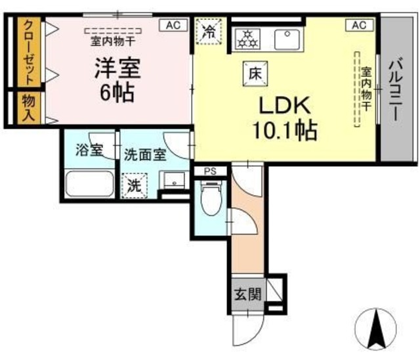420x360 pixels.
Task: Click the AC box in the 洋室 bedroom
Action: pos(173,25)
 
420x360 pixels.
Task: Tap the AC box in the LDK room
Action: pos(359,25)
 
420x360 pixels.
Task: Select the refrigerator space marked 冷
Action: pos(209,31)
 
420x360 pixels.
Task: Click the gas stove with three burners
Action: pos(247,39)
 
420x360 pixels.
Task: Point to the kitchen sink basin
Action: pos(287,39)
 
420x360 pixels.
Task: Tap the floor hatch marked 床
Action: pos(255,74)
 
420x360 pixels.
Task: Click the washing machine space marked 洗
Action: pos(134,185)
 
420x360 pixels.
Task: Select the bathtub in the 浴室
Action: pos(90,184)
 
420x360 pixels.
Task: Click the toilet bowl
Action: pos(211,198)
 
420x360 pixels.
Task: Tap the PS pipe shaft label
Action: pos(210,171)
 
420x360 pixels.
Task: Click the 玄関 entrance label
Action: pos(248,294)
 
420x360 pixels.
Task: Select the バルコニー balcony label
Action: pos(396,89)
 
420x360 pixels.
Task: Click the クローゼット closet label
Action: pos(29,52)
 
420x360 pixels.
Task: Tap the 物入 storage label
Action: pos(29,108)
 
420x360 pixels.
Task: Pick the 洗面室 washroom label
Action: pos(145,154)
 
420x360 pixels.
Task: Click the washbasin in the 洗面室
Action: pos(175,180)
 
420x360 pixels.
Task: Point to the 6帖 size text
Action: pos(117,93)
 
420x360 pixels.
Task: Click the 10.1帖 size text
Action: pos(285,131)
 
